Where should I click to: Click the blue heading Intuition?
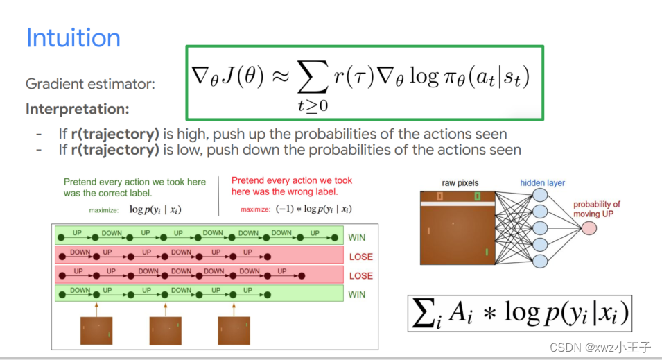click(73, 37)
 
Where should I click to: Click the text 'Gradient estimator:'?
click(90, 84)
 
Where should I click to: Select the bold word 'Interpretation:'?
click(77, 109)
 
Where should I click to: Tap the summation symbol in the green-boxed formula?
click(313, 76)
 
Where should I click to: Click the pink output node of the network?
click(589, 228)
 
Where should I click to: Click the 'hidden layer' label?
click(542, 183)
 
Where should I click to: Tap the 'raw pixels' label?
click(460, 183)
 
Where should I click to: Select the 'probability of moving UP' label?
click(596, 209)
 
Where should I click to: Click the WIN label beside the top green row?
click(357, 237)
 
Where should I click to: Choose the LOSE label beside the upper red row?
click(361, 257)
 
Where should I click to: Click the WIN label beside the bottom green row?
click(357, 295)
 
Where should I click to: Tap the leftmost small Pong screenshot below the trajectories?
click(96, 330)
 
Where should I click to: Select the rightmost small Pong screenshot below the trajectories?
click(234, 330)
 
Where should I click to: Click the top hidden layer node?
click(540, 195)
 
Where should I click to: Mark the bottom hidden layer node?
click(540, 261)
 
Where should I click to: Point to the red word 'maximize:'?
click(255, 209)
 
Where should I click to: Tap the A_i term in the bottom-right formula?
click(461, 314)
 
